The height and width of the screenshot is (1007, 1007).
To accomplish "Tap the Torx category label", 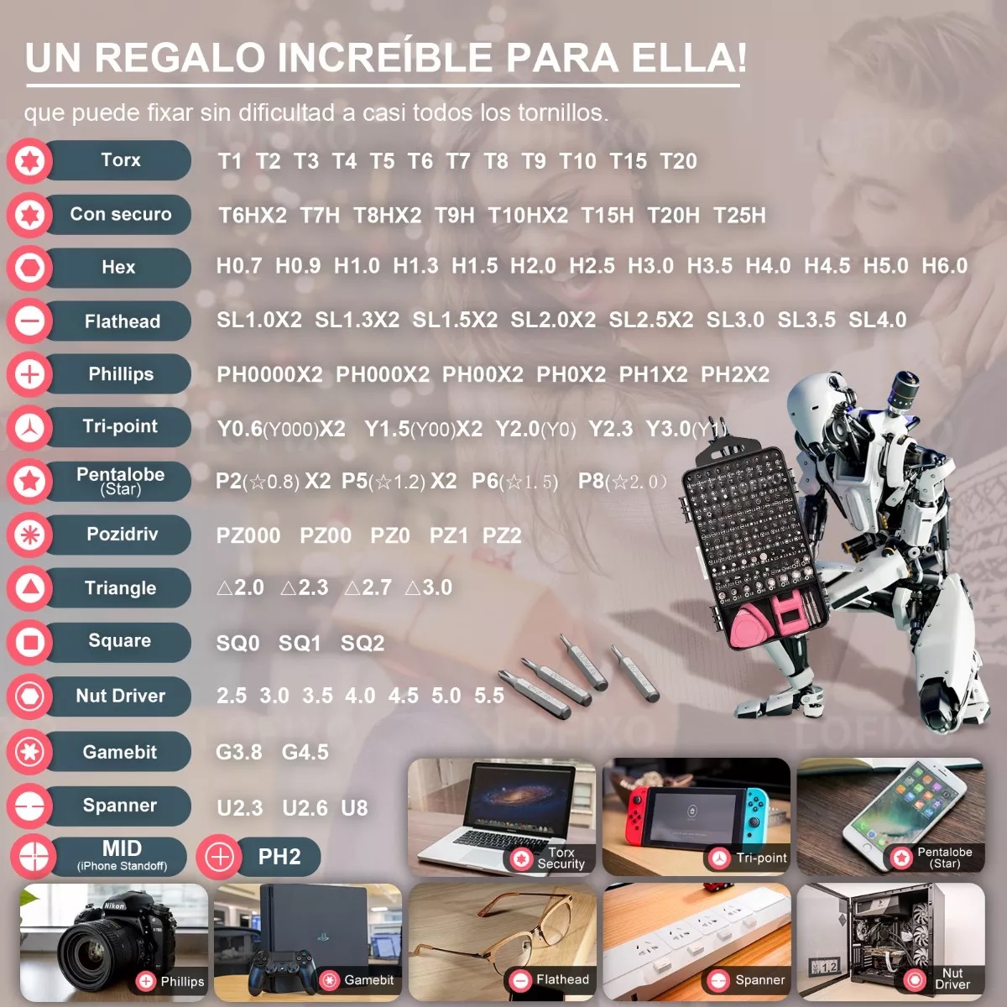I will click(x=120, y=160).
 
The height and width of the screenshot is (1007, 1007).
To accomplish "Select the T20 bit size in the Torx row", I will click(x=678, y=161).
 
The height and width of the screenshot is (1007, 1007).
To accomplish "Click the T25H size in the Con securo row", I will click(x=739, y=216).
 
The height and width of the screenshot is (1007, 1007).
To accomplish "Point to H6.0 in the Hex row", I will click(x=944, y=266).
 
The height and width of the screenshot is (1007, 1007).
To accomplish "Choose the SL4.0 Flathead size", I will click(x=877, y=320).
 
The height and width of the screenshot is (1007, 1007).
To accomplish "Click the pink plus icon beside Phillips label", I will click(x=30, y=374).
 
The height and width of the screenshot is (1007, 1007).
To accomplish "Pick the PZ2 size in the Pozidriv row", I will click(x=502, y=535).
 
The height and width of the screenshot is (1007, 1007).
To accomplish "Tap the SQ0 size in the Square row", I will click(x=237, y=644).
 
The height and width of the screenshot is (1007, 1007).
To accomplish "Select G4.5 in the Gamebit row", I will click(x=305, y=752).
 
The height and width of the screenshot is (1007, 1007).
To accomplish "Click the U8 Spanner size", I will click(x=354, y=808).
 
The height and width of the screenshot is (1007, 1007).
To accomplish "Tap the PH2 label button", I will click(x=279, y=857).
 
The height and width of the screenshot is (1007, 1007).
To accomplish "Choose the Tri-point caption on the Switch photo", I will click(x=761, y=858).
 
